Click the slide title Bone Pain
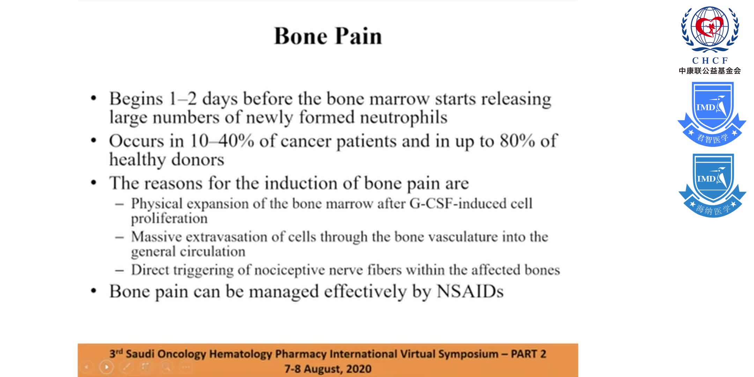coord(328,36)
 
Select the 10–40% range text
coord(222,141)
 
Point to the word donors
coord(198,160)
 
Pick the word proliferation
coord(169,219)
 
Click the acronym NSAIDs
coord(470,291)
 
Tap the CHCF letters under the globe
coord(710,61)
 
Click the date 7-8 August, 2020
coord(328,369)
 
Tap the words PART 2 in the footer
coord(528,354)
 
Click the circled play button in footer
coord(106,367)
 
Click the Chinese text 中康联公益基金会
coord(710,71)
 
